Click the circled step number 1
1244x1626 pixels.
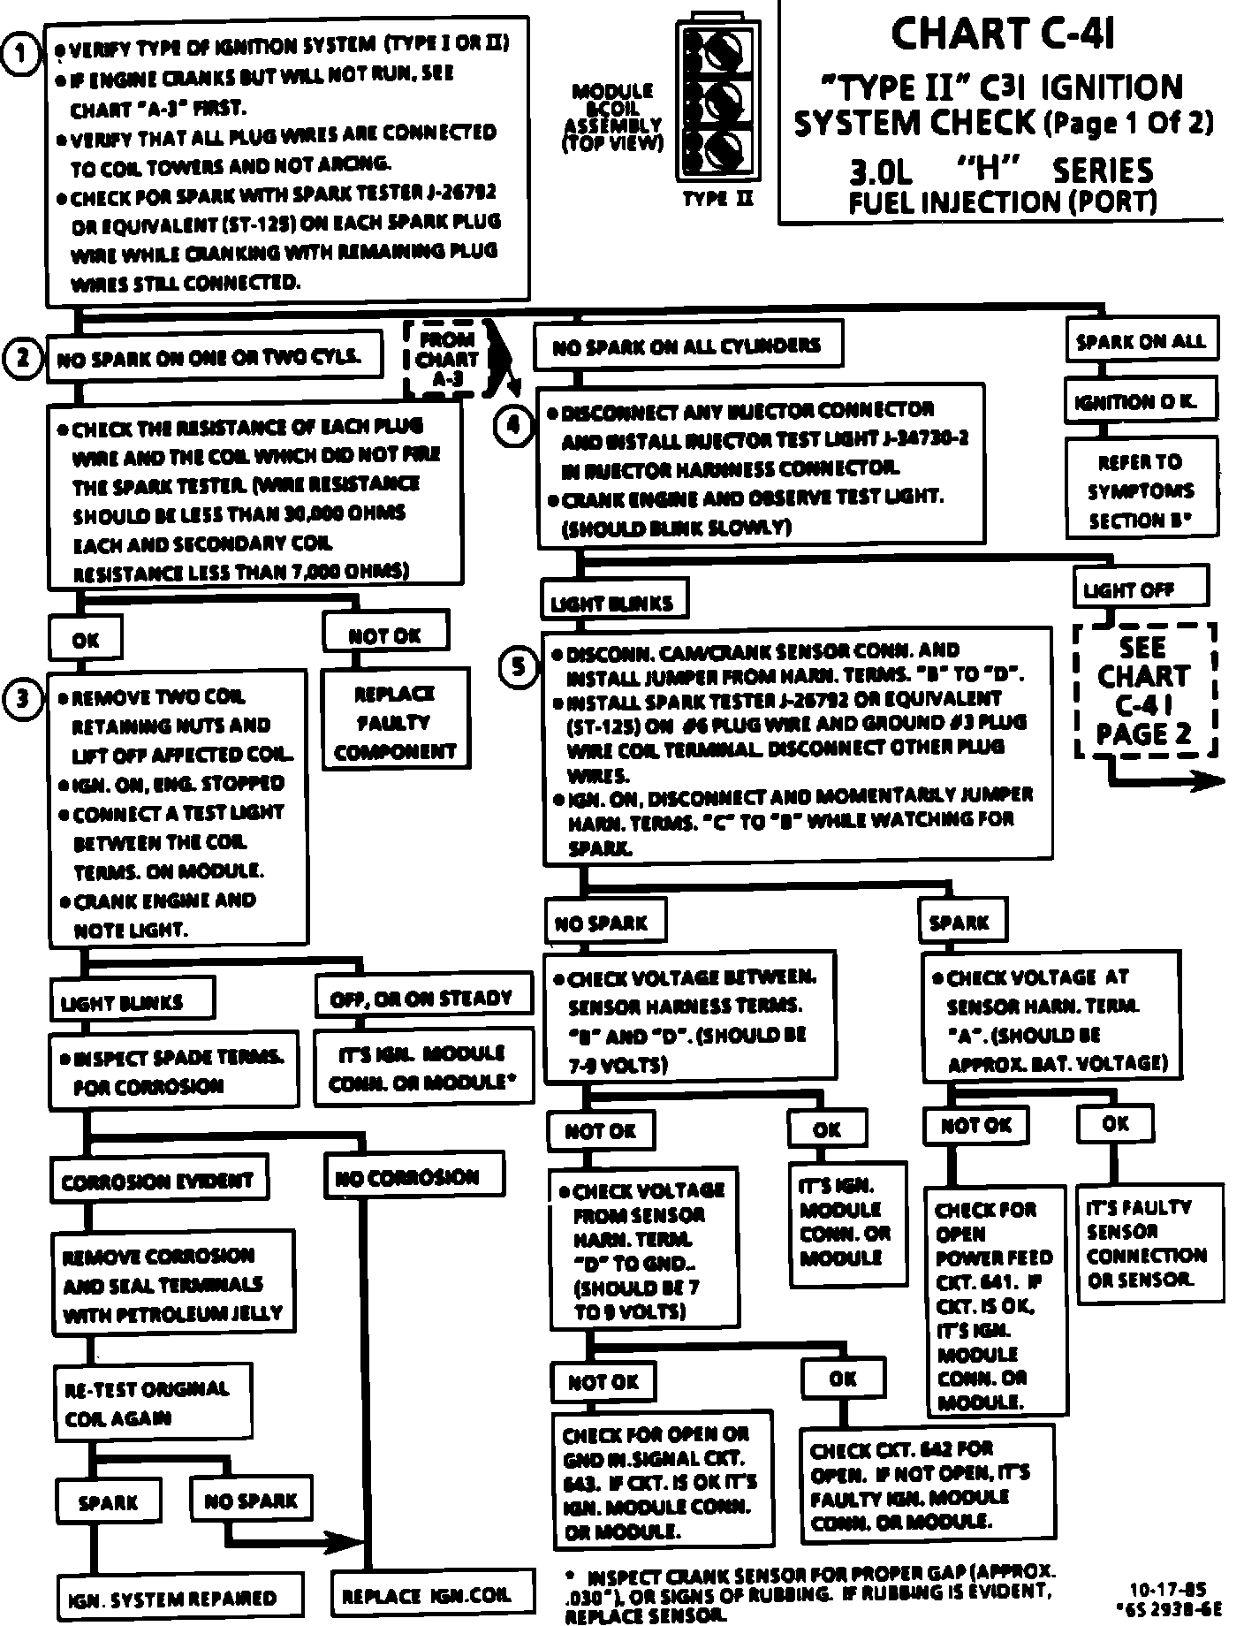coord(19,54)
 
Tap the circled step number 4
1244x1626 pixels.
coord(513,426)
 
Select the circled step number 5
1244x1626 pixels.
coord(519,666)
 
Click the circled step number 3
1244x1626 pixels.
coord(22,699)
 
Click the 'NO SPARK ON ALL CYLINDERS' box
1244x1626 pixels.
coord(687,346)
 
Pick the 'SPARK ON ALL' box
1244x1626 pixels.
coord(1141,341)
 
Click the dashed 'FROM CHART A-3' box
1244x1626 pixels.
coord(448,359)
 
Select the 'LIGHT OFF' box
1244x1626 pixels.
coord(1140,589)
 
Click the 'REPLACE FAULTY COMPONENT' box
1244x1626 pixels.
coord(394,723)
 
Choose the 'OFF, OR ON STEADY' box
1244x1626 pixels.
coord(421,998)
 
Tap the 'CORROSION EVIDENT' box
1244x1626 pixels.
coord(158,1182)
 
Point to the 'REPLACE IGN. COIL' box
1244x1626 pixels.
coord(433,1595)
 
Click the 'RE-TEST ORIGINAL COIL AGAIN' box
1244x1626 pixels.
coord(151,1402)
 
